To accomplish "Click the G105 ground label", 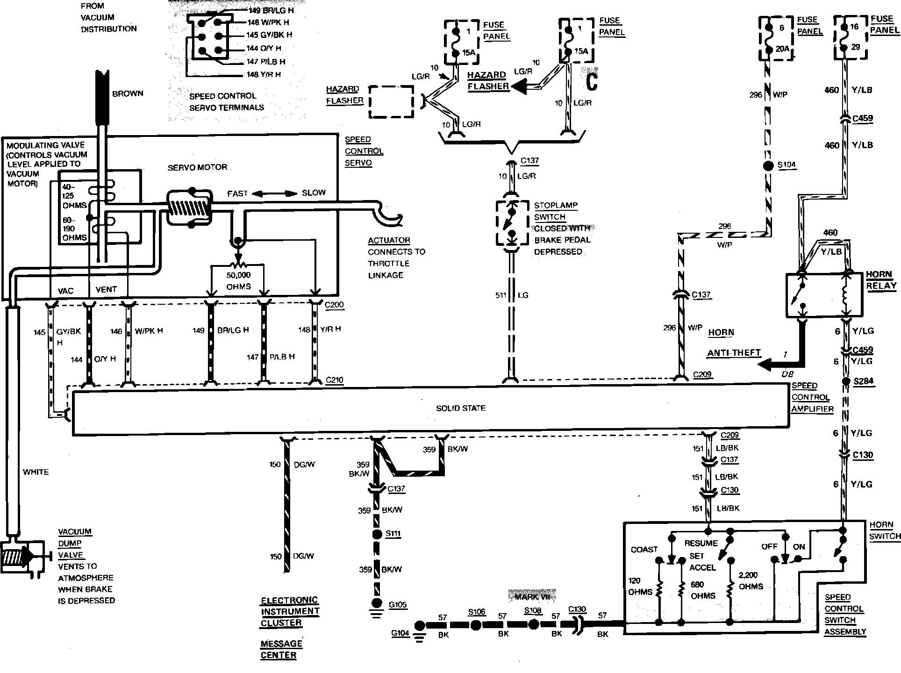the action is pyautogui.click(x=398, y=605).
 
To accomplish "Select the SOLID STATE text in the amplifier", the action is pyautogui.click(x=461, y=408).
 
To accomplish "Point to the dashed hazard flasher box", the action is pyautogui.click(x=391, y=101).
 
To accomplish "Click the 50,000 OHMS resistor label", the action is pyautogui.click(x=239, y=281).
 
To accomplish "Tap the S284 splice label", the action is pyautogui.click(x=863, y=381).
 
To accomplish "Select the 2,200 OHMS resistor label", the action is pyautogui.click(x=751, y=580).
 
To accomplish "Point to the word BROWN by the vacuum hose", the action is pyautogui.click(x=128, y=93).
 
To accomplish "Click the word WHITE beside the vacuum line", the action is pyautogui.click(x=36, y=472).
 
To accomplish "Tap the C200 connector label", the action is pyautogui.click(x=334, y=305).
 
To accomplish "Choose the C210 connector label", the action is pyautogui.click(x=334, y=380).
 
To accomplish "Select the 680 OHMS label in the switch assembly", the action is pyautogui.click(x=703, y=590).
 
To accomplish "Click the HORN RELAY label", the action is pyautogui.click(x=881, y=280).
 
